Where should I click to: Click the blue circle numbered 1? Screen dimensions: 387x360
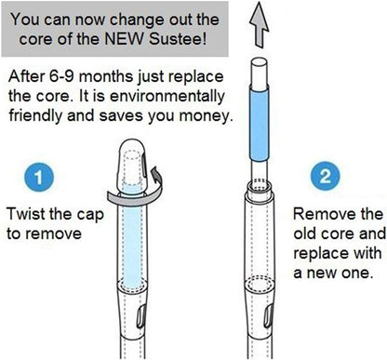[39, 177]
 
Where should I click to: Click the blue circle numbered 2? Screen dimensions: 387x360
[325, 176]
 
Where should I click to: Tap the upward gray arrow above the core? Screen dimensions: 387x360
[259, 25]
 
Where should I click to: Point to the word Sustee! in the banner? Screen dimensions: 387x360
[178, 39]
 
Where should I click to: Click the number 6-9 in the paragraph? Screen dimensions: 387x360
[60, 76]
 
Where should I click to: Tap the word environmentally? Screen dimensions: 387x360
[167, 96]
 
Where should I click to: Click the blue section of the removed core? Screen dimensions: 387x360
[259, 124]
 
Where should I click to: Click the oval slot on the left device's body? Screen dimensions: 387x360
[141, 316]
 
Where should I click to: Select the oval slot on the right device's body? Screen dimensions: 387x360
[268, 316]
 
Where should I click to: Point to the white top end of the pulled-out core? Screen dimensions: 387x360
[259, 73]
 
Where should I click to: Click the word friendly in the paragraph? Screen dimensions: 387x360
[35, 116]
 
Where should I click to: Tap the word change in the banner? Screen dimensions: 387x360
[137, 20]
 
